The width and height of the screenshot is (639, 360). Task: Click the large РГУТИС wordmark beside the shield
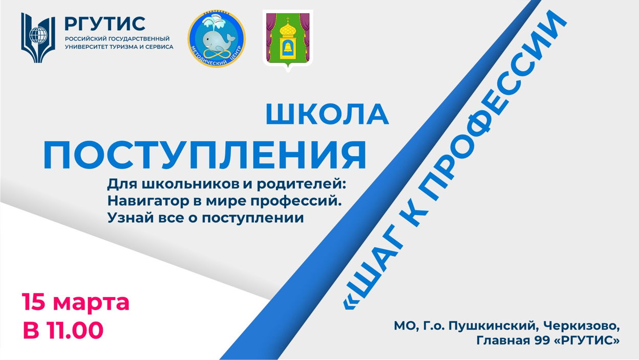(105, 24)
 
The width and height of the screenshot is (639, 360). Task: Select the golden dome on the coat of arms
(288, 29)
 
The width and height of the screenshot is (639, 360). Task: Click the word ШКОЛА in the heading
(327, 114)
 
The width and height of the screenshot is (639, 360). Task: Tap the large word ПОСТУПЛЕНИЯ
(204, 155)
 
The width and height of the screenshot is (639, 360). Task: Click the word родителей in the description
(301, 184)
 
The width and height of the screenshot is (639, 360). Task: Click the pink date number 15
(34, 302)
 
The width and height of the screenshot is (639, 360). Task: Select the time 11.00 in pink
(75, 330)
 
